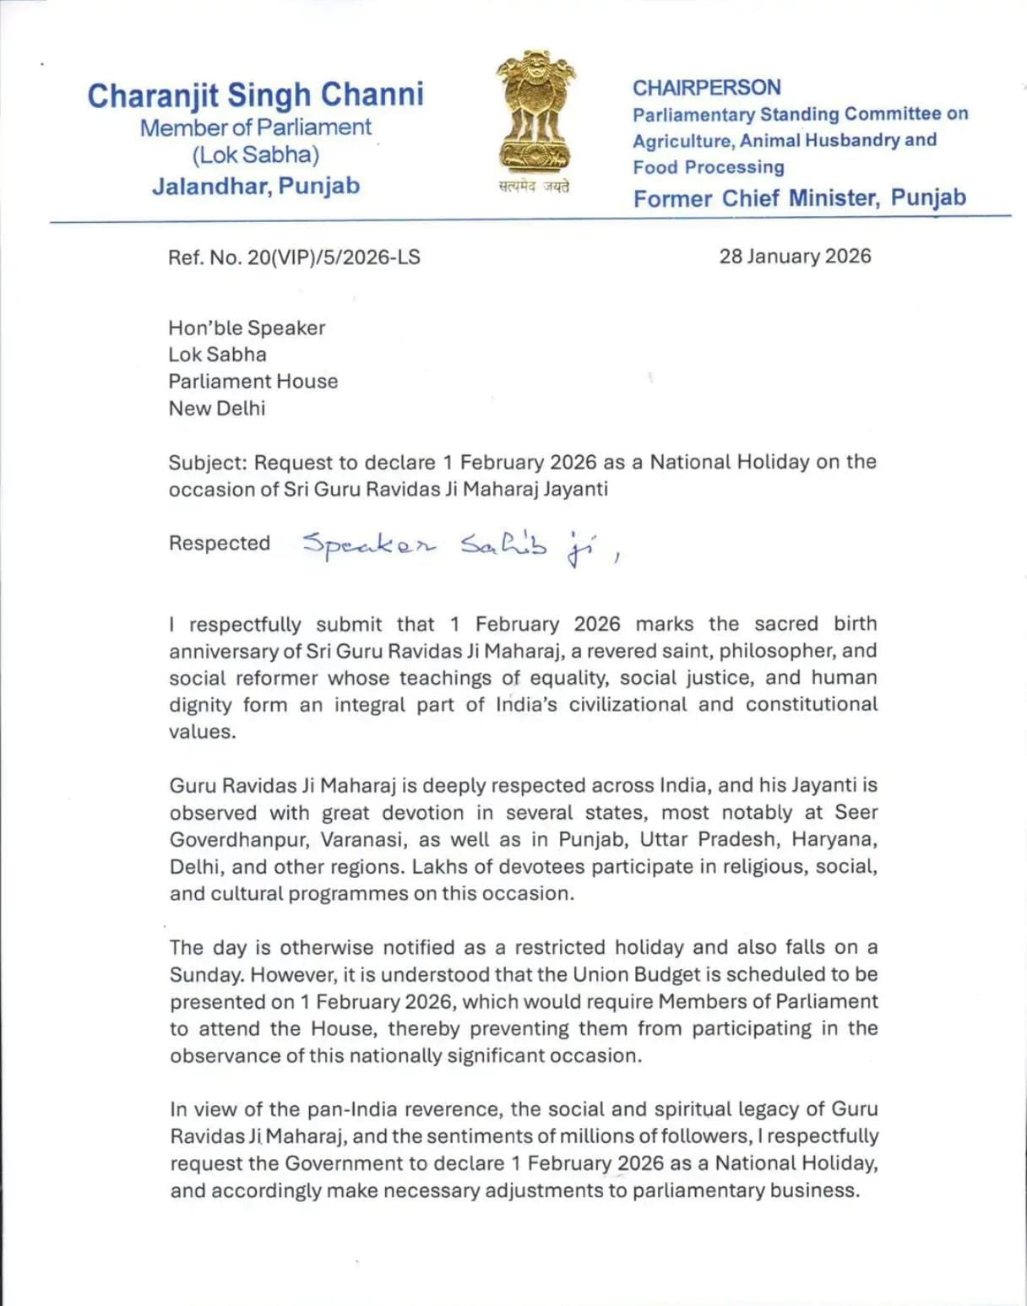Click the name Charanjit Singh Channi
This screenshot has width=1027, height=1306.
[x=255, y=95]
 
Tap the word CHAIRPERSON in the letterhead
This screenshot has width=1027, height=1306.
[x=706, y=88]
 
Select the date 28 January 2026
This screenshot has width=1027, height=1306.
[x=795, y=257]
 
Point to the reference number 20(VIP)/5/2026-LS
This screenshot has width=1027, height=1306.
[x=333, y=257]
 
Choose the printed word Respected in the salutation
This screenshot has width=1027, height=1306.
[x=220, y=544]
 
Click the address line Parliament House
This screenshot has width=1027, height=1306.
[x=253, y=382]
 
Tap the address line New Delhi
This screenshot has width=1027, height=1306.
[x=216, y=409]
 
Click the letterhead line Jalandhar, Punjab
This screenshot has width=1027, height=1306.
[x=255, y=186]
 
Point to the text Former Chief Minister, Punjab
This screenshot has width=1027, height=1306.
[x=799, y=198]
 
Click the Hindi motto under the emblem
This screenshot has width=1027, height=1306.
[x=534, y=187]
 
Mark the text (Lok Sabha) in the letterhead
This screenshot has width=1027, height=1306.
[x=255, y=155]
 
